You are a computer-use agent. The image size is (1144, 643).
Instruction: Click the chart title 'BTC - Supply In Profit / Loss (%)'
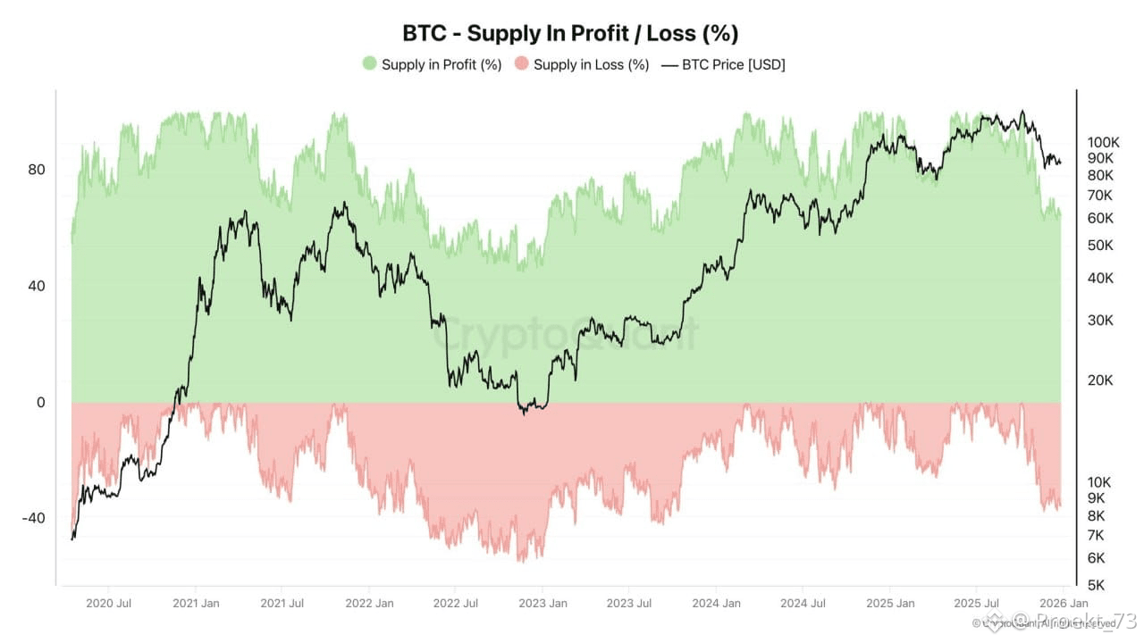tap(570, 33)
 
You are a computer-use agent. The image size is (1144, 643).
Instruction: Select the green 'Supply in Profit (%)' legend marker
tap(369, 64)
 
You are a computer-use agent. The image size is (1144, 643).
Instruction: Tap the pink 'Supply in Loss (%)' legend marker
tap(521, 64)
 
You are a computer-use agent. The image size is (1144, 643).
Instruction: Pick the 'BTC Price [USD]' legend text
tap(733, 64)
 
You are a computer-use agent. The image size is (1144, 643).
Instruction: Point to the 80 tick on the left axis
tap(36, 170)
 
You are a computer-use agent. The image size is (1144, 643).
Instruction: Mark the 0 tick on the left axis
tap(40, 403)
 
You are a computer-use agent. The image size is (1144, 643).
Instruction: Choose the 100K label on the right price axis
tap(1103, 142)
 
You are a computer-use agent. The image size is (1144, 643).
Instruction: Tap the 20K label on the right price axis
tap(1100, 380)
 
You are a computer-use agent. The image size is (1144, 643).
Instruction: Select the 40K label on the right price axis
tap(1100, 278)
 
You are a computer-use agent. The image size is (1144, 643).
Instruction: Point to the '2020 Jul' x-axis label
tap(108, 603)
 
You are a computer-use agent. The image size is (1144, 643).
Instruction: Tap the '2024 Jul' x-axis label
tap(802, 603)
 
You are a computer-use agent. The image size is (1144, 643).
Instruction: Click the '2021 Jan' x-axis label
tap(195, 603)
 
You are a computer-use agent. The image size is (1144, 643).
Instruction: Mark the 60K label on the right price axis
tap(1100, 218)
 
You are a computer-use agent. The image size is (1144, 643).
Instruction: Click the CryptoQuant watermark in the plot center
tap(565, 334)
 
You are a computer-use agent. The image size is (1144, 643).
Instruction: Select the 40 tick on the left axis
tap(36, 286)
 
